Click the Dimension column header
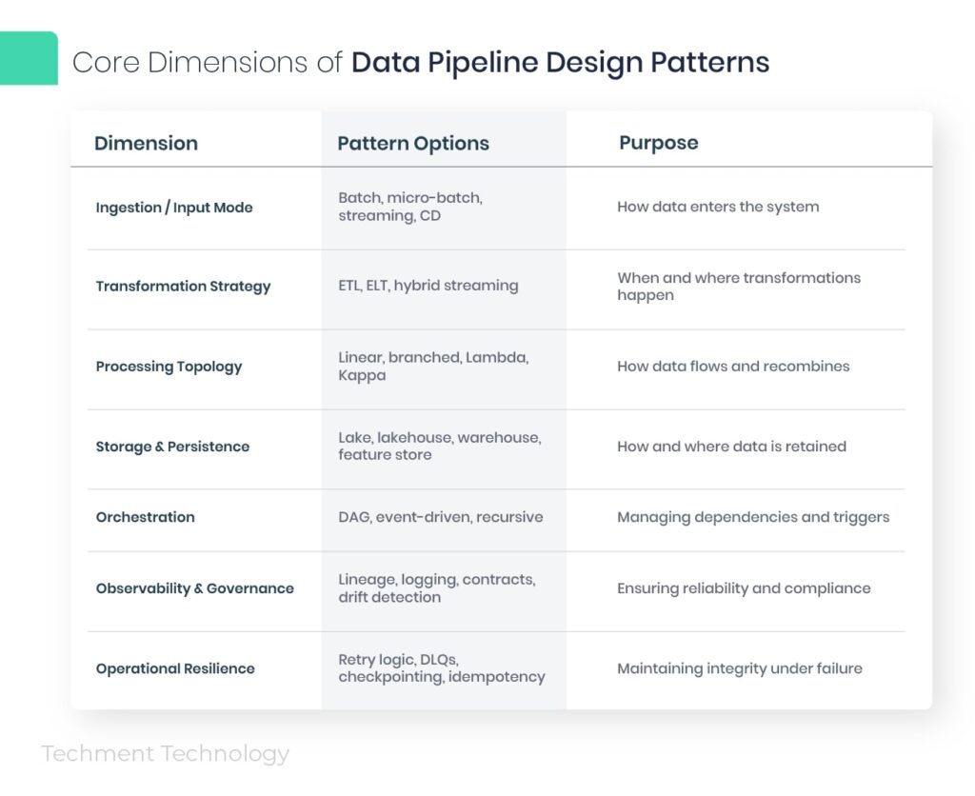[146, 144]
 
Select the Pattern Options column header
[413, 144]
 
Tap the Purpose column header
[658, 143]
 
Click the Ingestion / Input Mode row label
[174, 208]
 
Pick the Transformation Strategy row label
[183, 286]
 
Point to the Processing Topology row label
[169, 367]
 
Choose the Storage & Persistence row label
[172, 447]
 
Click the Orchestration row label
[145, 517]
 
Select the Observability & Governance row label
[194, 588]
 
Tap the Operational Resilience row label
[175, 668]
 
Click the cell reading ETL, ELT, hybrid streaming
[428, 286]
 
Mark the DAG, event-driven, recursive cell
[440, 517]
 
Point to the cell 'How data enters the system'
[717, 207]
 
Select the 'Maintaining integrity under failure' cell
[739, 668]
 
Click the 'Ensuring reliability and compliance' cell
[743, 588]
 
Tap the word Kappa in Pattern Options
[361, 375]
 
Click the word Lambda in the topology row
[496, 358]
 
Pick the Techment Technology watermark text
[165, 754]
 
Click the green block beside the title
[29, 58]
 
